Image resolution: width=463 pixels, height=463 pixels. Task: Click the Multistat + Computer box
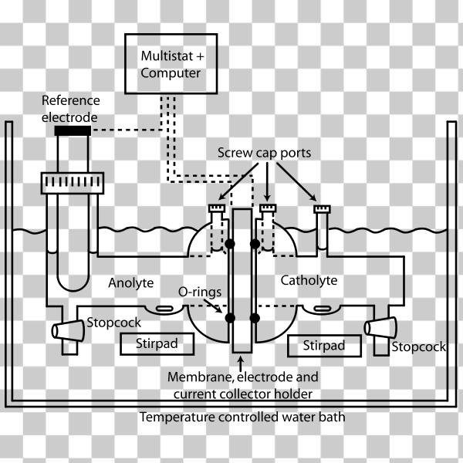[171, 65]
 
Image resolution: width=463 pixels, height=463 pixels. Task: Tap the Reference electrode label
[69, 109]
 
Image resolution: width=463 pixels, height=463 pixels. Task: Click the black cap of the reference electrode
[73, 130]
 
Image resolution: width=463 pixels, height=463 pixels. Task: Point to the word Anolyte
[131, 282]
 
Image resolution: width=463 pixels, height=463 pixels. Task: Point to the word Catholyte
[309, 280]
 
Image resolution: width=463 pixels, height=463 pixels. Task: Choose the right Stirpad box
[324, 346]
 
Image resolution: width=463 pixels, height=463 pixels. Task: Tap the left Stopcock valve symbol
[68, 330]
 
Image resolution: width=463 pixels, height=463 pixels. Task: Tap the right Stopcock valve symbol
[379, 327]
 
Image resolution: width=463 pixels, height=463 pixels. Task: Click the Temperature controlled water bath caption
[242, 417]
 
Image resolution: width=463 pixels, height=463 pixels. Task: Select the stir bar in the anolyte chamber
[164, 309]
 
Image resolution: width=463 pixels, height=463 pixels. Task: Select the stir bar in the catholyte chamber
[317, 310]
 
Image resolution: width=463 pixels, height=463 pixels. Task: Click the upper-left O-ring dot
[229, 245]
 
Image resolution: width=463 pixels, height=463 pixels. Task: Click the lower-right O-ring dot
[255, 318]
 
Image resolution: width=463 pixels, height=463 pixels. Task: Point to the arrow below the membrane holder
[242, 362]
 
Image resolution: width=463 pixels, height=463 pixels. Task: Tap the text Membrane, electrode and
[242, 378]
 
